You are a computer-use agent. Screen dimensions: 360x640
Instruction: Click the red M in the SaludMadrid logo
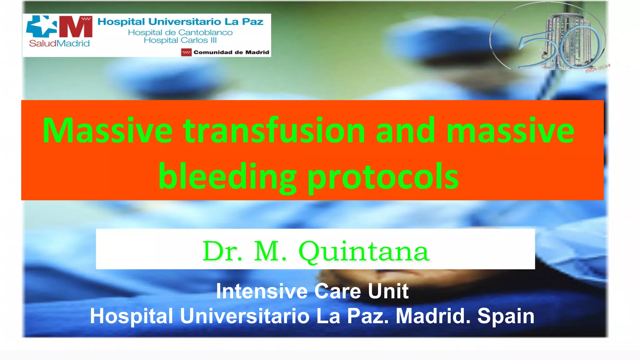point(76,27)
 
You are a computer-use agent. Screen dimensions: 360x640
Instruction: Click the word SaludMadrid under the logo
point(59,43)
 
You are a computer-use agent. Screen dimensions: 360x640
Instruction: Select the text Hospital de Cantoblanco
point(180,32)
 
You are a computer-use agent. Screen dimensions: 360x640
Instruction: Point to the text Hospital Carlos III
point(180,40)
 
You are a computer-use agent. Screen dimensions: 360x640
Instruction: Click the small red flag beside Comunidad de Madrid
point(186,52)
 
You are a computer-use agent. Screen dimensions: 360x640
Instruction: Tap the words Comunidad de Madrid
point(231,52)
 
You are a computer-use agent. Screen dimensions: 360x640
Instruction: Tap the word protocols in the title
point(383,177)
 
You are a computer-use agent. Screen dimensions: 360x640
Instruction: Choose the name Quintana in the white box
point(364,251)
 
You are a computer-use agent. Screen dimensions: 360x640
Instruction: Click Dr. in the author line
point(222,251)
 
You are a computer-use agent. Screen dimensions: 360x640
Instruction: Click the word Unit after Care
point(388,291)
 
